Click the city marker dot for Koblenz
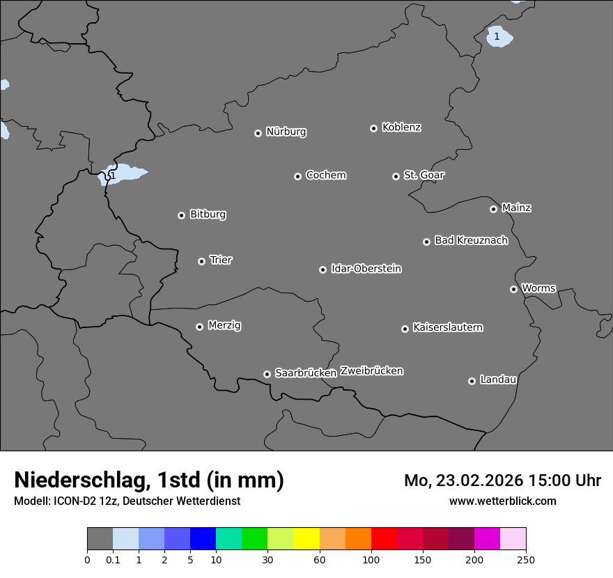373,128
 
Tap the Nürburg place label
286,132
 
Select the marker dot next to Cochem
297,176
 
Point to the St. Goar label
424,175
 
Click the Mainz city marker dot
493,209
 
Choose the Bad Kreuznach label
471,240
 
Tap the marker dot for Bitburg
181,215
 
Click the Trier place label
221,260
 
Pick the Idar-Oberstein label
366,268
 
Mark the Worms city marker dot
513,289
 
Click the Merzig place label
224,325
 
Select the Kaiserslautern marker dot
405,329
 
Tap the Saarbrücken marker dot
267,374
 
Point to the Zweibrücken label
371,371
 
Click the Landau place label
498,380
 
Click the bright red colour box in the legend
384,539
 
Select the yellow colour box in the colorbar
306,539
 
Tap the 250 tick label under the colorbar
526,559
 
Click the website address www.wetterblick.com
502,501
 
